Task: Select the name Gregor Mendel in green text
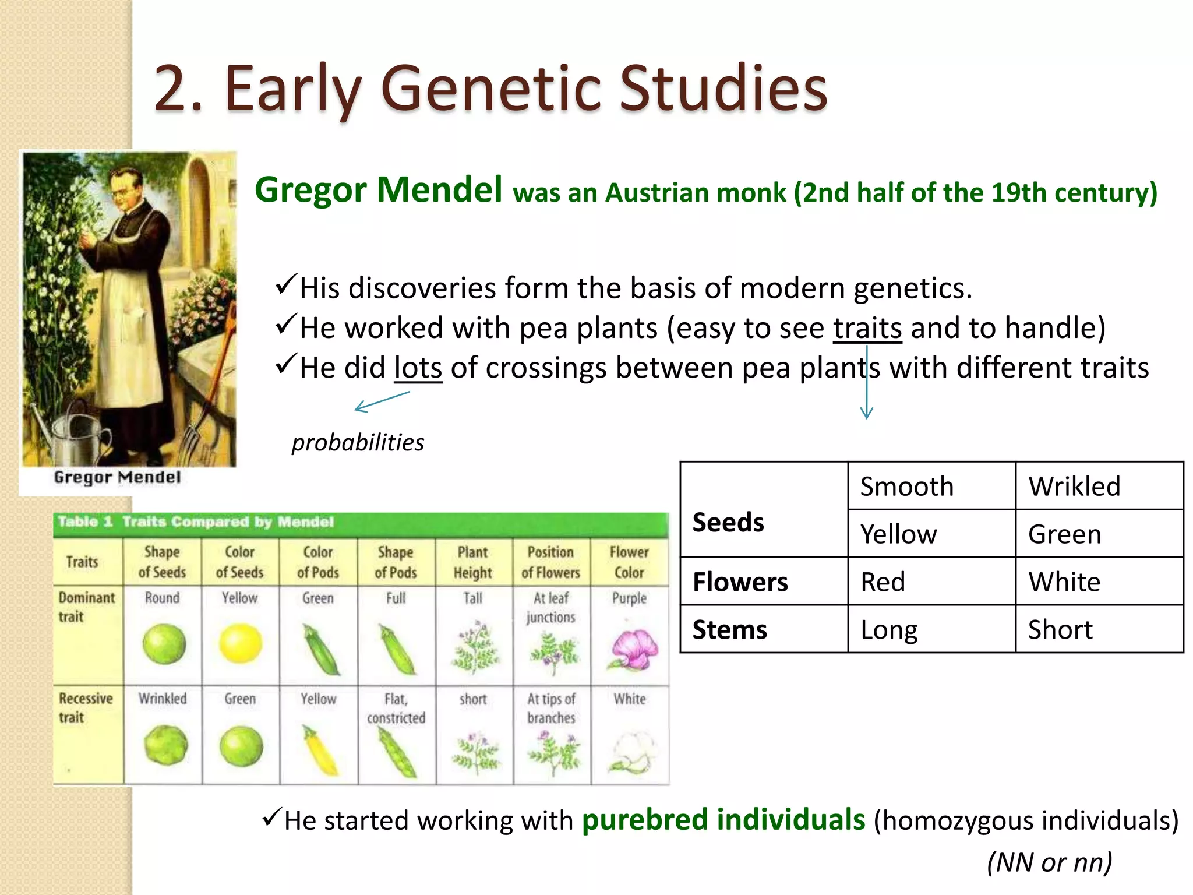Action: coord(379,190)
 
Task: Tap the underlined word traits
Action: coord(867,328)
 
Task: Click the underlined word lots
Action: coord(418,368)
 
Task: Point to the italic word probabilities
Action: coord(358,442)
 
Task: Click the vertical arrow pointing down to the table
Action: coord(867,385)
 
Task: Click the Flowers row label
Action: coord(740,582)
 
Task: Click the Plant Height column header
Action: coord(473,562)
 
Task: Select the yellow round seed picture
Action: coord(240,643)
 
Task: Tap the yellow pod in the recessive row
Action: coord(320,752)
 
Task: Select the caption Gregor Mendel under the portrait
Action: coord(117,478)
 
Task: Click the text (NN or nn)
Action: coord(1050,862)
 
